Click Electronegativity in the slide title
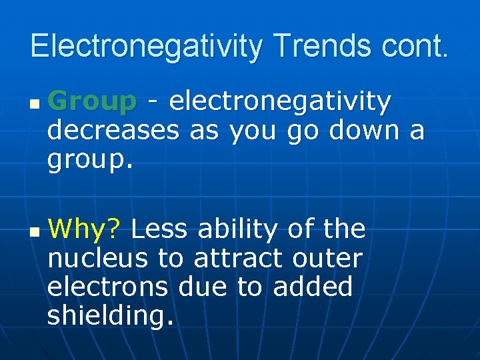point(146,47)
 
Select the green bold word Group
point(92,102)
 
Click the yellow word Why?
point(84,230)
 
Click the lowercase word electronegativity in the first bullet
point(280,102)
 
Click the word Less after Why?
point(160,230)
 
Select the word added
point(313,287)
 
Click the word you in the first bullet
point(254,131)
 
